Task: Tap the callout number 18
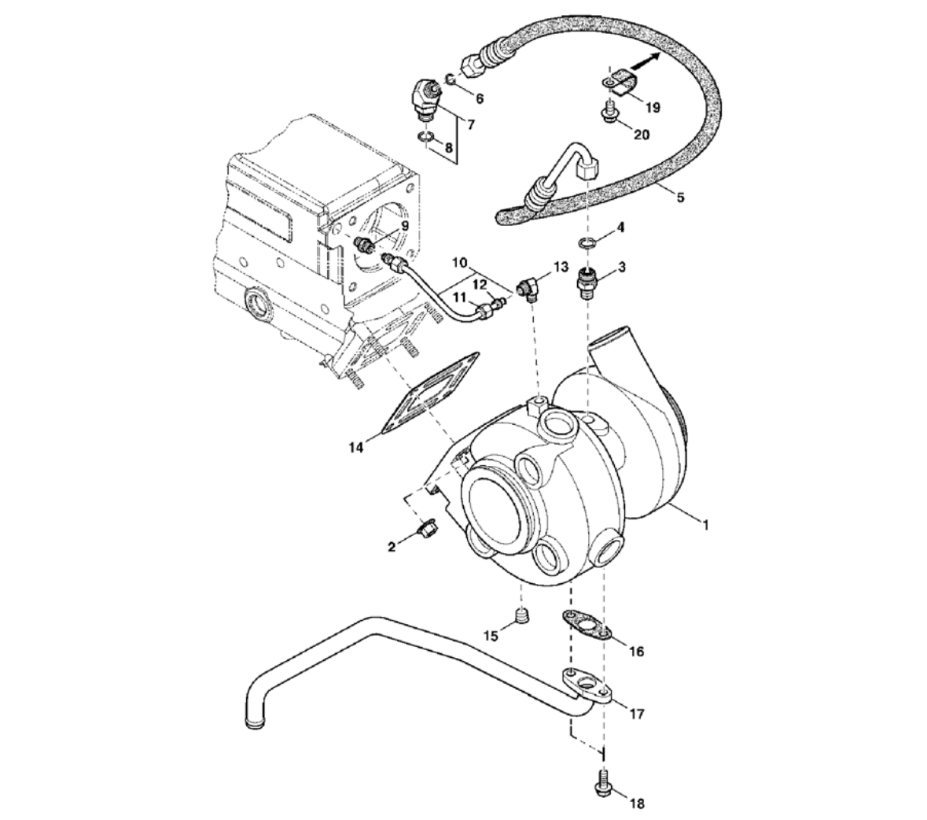click(636, 803)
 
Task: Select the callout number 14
click(357, 448)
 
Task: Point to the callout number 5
click(679, 197)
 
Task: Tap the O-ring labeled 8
click(425, 140)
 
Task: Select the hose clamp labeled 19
click(622, 82)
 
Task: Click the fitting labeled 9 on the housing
click(364, 242)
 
